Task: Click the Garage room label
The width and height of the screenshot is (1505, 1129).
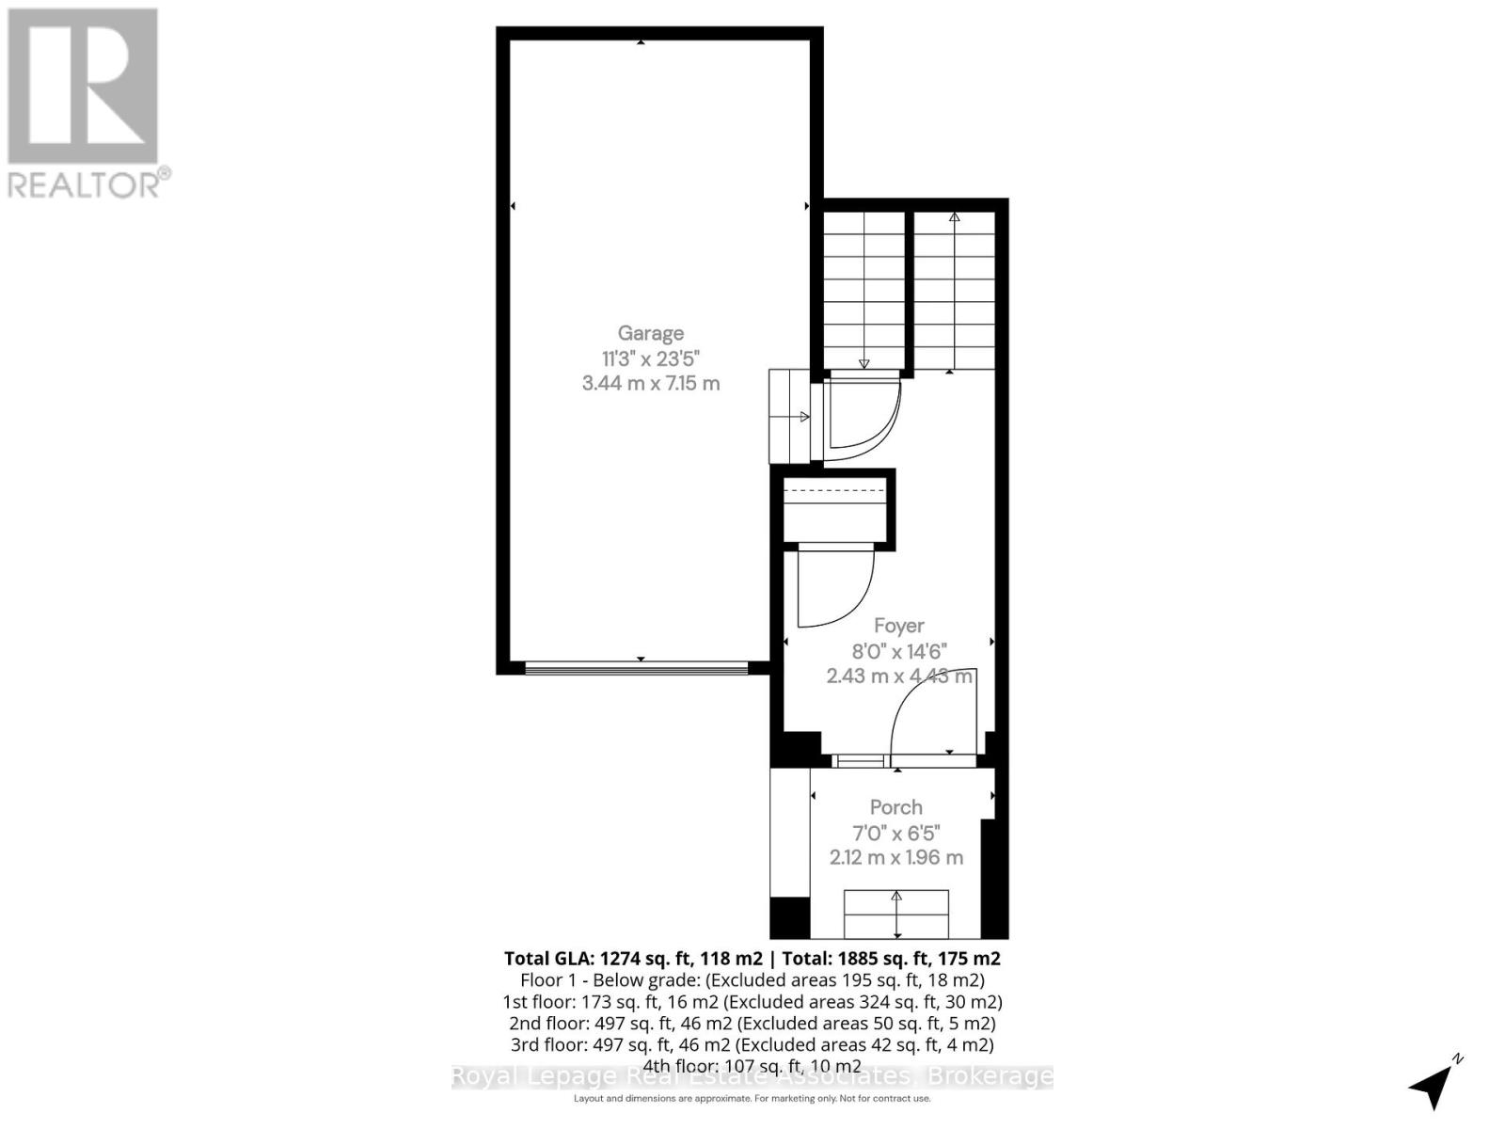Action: pyautogui.click(x=650, y=333)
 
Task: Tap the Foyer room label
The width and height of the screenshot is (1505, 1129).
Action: pyautogui.click(x=898, y=626)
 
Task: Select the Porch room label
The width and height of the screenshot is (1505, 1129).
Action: pyautogui.click(x=895, y=807)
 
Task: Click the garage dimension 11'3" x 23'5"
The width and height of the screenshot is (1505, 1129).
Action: pyautogui.click(x=651, y=358)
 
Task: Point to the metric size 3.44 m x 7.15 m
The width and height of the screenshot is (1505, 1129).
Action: pyautogui.click(x=651, y=383)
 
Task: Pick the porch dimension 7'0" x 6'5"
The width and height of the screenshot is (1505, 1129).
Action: pyautogui.click(x=895, y=833)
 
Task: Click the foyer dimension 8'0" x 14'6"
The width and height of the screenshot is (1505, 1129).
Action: pyautogui.click(x=898, y=651)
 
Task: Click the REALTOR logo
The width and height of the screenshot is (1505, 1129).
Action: pyautogui.click(x=84, y=103)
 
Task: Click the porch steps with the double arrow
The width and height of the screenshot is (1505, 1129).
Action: pyautogui.click(x=896, y=914)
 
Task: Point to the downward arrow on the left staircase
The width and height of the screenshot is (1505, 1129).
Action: pyautogui.click(x=863, y=363)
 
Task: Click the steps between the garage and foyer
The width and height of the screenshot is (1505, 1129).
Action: pyautogui.click(x=789, y=416)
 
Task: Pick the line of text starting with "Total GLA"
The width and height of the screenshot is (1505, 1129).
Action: pyautogui.click(x=752, y=959)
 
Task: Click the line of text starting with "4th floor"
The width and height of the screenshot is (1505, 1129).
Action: pyautogui.click(x=752, y=1066)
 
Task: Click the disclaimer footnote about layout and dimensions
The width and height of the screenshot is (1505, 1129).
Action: pyautogui.click(x=752, y=1099)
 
